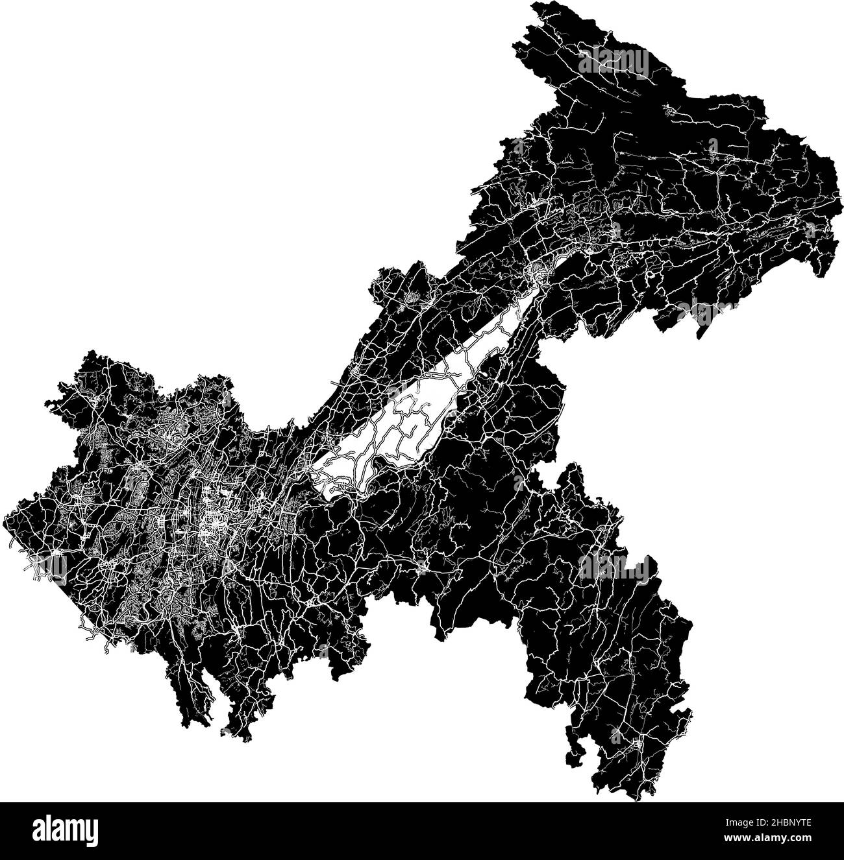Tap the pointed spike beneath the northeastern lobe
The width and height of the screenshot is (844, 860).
700,334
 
